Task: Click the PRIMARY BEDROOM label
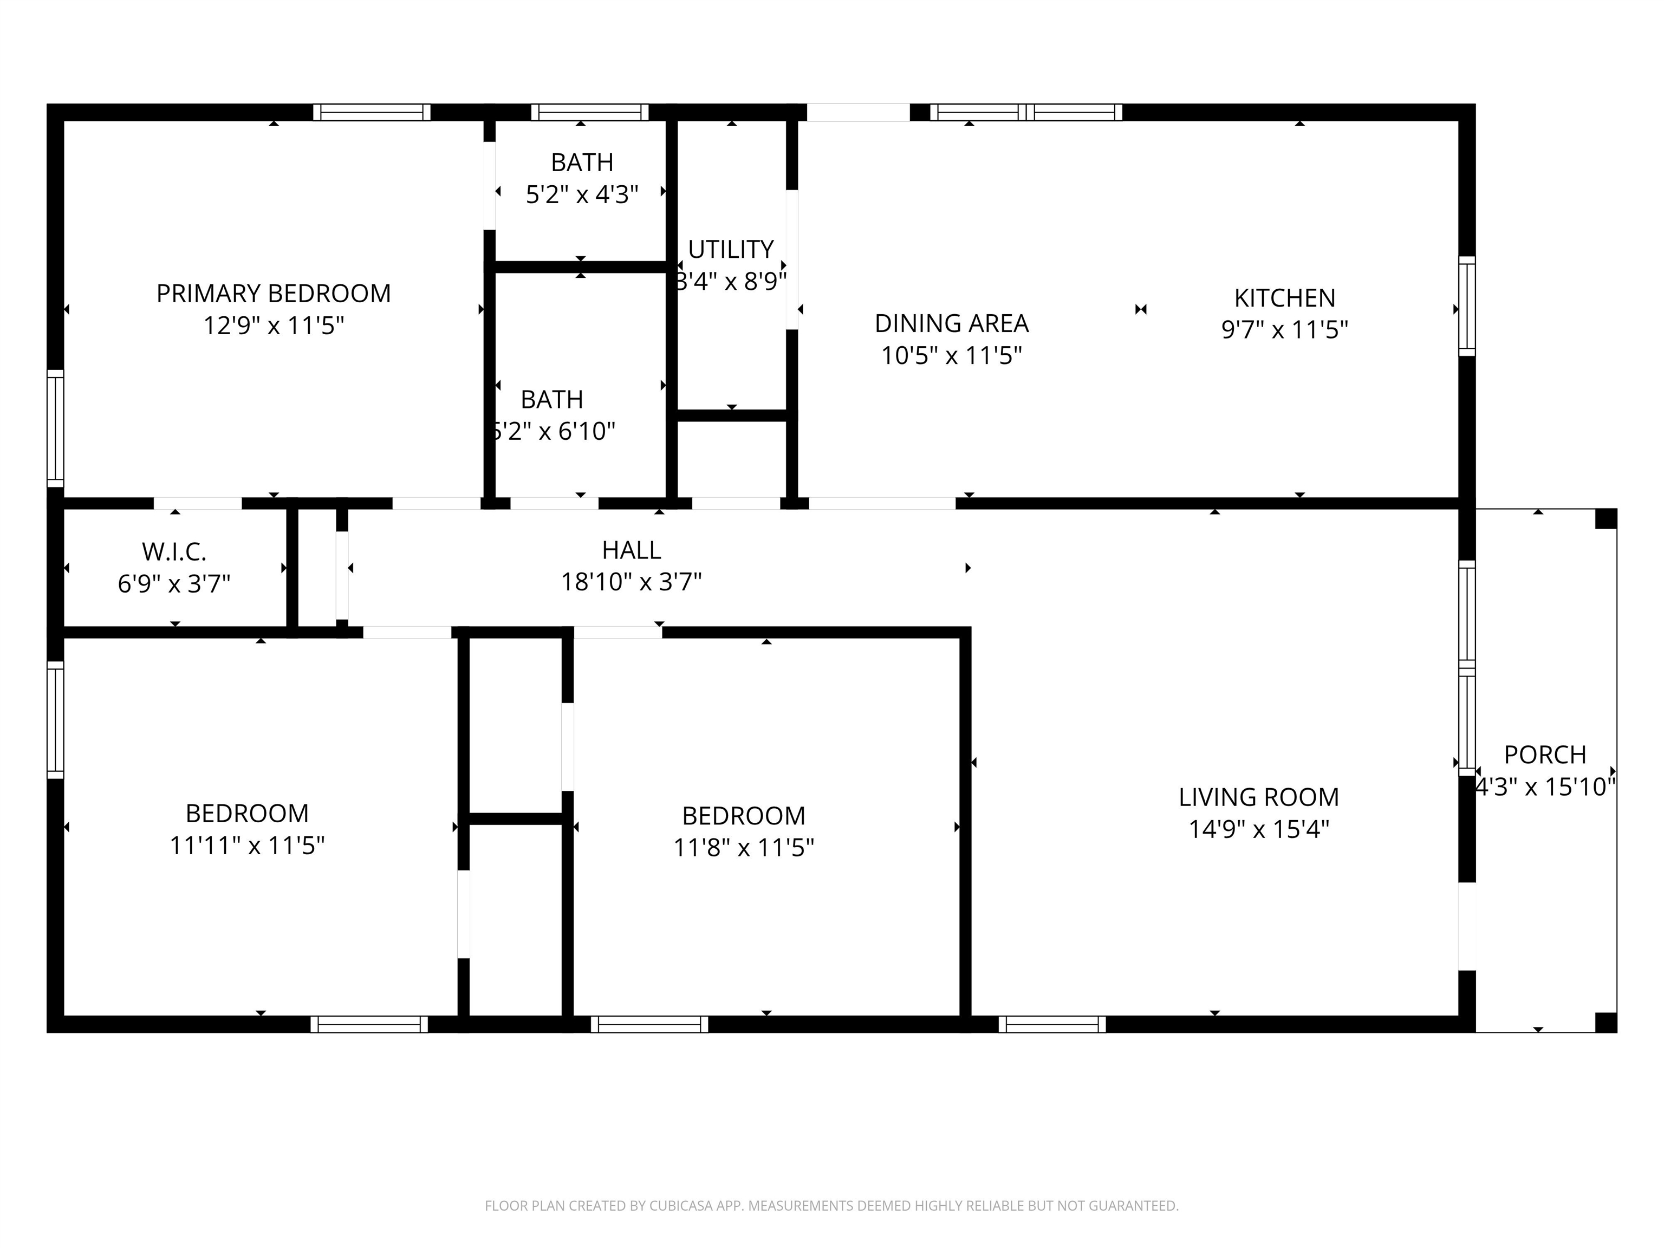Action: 274,294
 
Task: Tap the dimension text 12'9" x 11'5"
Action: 274,326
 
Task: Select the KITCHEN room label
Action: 1285,298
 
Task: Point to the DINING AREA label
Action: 952,323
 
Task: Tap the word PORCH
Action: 1545,755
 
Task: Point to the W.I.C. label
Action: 174,552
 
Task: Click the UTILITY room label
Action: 731,250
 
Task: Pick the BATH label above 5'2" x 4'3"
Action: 582,162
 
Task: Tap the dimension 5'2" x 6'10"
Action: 554,431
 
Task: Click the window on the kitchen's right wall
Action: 1467,305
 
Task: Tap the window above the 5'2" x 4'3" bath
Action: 590,112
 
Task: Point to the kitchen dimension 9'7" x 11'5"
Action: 1285,329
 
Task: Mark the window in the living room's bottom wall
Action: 1052,1024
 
